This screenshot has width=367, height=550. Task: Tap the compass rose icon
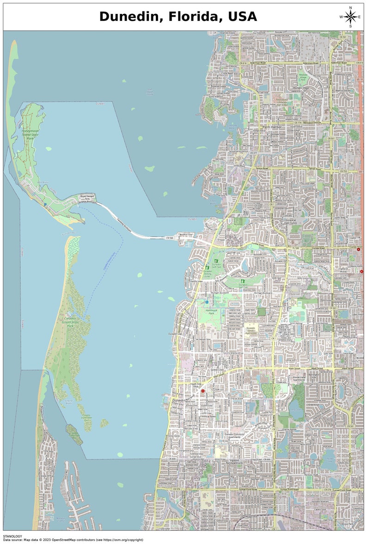350,17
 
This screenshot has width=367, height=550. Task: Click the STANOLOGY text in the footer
12,536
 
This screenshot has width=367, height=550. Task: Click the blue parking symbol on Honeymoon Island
45,204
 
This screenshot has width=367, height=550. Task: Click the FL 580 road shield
249,368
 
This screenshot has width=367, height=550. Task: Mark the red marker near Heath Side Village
202,391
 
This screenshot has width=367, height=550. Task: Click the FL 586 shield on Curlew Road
296,248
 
